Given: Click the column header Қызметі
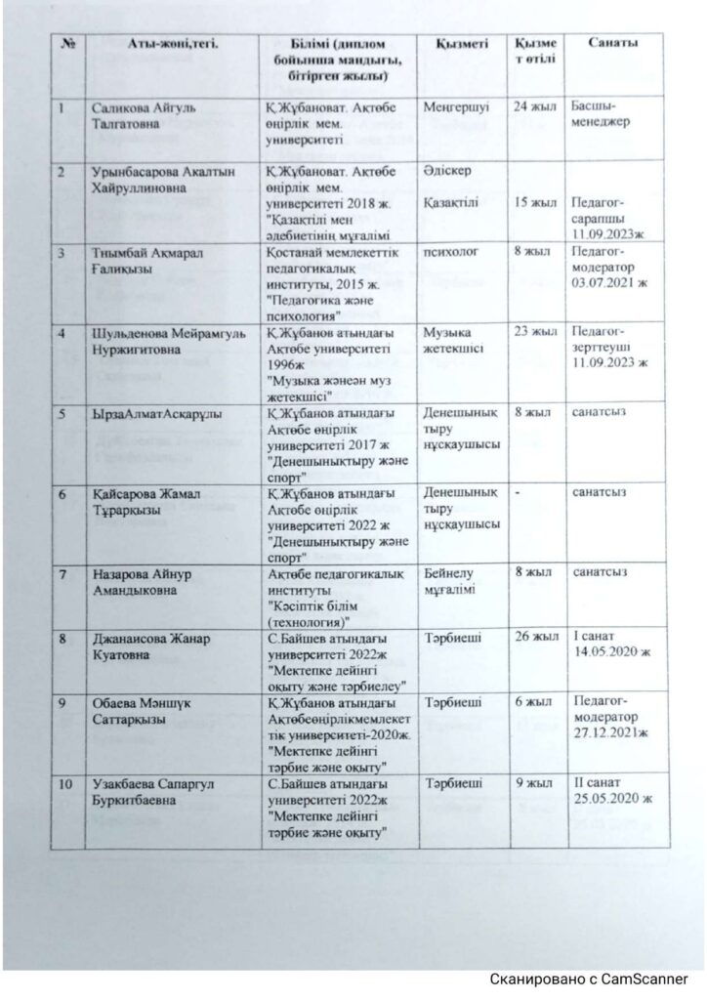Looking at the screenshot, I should pos(452,46).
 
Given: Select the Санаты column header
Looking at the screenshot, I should pos(614,45).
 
